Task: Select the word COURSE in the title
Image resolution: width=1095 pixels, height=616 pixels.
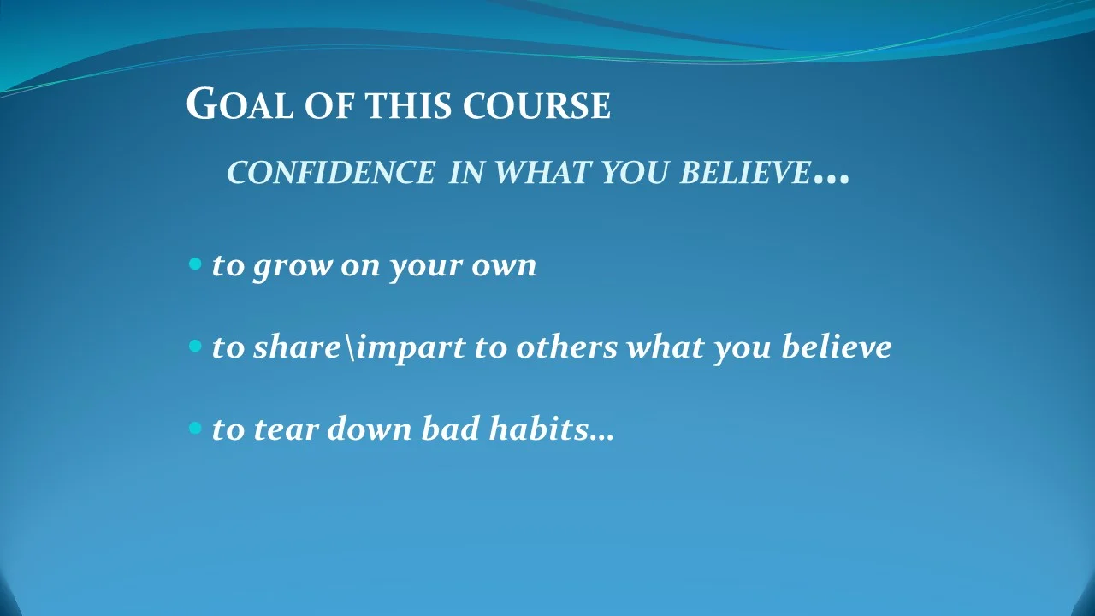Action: coord(536,107)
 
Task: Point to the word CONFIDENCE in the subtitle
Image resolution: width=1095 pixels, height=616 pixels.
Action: coord(331,173)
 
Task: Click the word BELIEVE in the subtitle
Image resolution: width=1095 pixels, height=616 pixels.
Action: coord(744,173)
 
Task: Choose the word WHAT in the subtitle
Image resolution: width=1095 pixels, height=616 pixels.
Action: coord(542,173)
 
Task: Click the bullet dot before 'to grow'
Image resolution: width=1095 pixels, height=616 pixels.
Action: coord(194,264)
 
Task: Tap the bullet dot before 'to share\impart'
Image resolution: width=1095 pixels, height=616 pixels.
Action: coord(194,346)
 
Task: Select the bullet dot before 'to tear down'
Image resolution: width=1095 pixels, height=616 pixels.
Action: coord(194,427)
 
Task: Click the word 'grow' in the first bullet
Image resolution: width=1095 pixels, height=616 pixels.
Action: coord(293,266)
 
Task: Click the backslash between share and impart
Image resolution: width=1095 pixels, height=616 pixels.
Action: coord(349,347)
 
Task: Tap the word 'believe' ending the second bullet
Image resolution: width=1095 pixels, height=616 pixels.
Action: coord(836,346)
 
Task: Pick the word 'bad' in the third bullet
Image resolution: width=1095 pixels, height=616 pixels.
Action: coord(450,428)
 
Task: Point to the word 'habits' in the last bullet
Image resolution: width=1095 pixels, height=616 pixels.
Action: coord(537,428)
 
